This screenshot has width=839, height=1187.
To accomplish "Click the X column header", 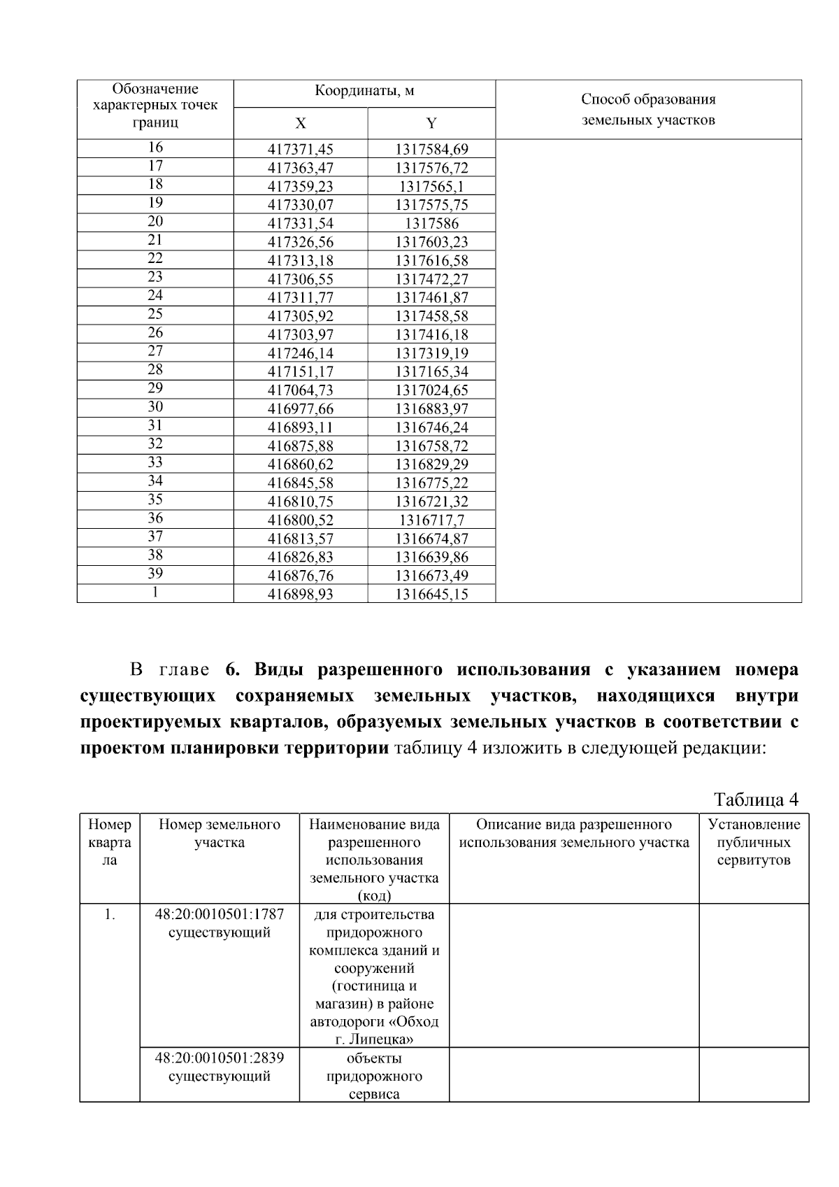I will [x=300, y=124].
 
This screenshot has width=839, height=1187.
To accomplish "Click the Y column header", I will [x=431, y=124].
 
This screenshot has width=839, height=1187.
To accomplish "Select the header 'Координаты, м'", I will [x=364, y=91].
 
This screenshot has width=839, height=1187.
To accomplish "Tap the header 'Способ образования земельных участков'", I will [x=648, y=109].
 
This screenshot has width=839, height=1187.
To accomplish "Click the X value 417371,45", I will [x=301, y=149].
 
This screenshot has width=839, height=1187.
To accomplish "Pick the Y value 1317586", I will [x=431, y=224].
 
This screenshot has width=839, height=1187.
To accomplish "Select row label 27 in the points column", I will [x=155, y=351].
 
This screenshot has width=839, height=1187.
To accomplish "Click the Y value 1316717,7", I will [x=431, y=520].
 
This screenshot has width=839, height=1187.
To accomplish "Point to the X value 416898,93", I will [x=301, y=595].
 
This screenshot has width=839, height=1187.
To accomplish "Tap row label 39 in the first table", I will [x=155, y=574].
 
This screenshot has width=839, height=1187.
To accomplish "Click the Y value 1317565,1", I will [x=431, y=187].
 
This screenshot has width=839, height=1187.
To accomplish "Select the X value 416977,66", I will [x=301, y=409].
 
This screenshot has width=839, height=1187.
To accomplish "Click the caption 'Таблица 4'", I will [x=755, y=799].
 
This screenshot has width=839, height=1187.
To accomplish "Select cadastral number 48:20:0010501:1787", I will [x=220, y=914].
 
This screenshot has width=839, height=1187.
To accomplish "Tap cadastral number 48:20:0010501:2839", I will [x=220, y=1058].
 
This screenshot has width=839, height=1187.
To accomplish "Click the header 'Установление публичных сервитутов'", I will [x=754, y=842].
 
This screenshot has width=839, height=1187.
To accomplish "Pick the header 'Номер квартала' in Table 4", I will [x=110, y=842].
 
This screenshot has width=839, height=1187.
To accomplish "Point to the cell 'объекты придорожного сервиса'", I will [x=374, y=1076].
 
